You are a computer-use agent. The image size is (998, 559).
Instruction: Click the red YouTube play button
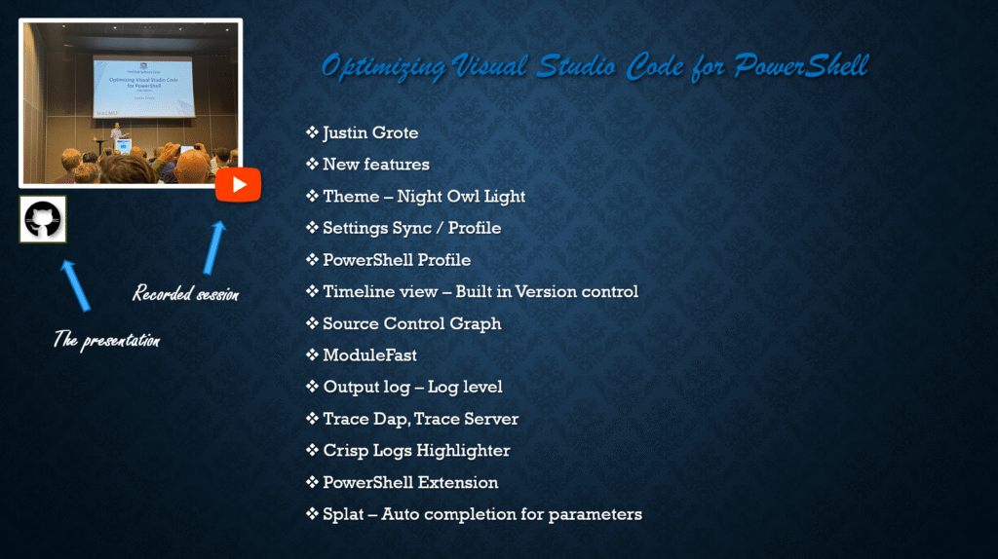tap(238, 184)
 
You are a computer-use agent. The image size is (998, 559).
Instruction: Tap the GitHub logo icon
tap(43, 219)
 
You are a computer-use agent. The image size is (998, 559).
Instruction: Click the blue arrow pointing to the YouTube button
tap(214, 247)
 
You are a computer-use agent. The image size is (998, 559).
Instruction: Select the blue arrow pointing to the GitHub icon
tap(76, 285)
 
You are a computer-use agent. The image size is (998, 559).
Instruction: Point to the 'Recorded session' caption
tap(186, 292)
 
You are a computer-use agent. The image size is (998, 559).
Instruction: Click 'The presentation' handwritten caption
tap(106, 340)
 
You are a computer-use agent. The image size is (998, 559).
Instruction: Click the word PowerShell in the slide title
tap(801, 66)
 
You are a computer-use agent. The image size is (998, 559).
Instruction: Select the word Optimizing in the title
tap(383, 67)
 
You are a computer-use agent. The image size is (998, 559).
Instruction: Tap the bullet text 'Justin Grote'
tap(370, 132)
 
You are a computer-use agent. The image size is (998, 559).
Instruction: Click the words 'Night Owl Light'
tap(461, 197)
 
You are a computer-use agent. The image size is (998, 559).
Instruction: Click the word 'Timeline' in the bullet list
tap(353, 292)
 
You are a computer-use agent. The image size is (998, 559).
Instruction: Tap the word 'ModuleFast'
tap(369, 355)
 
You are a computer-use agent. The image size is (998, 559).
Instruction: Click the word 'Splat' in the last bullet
tap(343, 514)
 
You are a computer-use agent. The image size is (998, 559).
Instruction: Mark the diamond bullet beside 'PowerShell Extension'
tap(312, 482)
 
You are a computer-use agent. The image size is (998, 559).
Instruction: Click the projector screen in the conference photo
tap(144, 87)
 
